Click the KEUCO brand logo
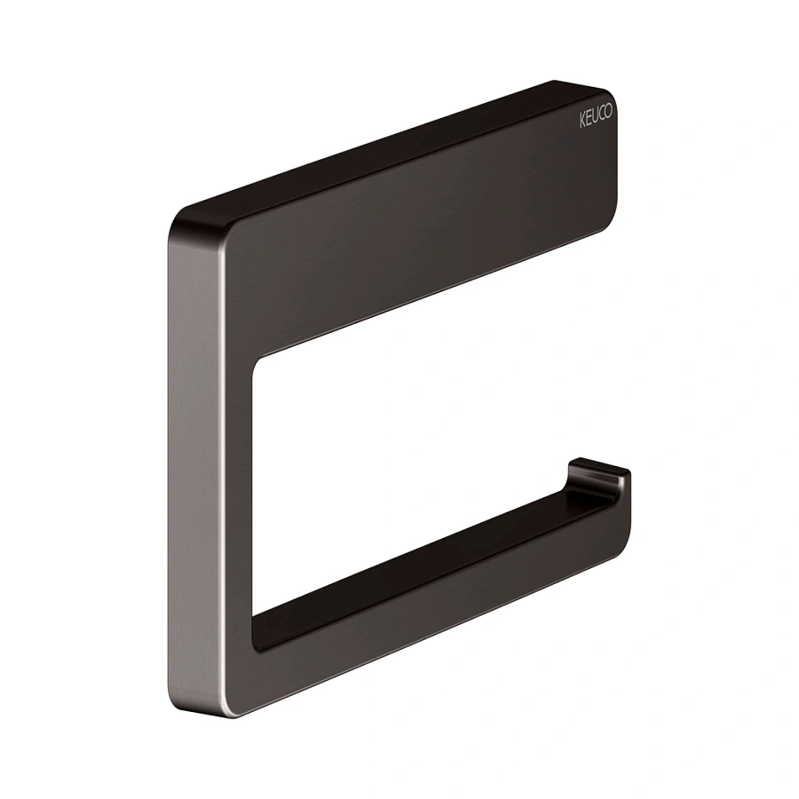click(x=596, y=118)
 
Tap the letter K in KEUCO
click(x=581, y=123)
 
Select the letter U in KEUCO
click(x=595, y=118)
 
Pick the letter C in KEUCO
click(x=602, y=116)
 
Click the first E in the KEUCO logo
click(x=588, y=120)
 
